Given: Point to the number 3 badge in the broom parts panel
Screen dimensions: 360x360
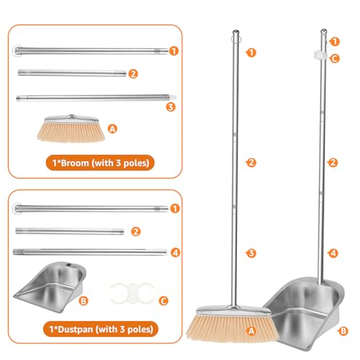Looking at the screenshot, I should [170, 107].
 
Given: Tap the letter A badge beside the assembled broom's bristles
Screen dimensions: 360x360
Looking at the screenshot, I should [251, 330].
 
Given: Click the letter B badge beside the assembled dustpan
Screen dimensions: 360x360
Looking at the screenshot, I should [344, 330].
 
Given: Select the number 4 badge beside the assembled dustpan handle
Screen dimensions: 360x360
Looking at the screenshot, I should [333, 253].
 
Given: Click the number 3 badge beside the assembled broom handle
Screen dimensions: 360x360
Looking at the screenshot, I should [251, 253].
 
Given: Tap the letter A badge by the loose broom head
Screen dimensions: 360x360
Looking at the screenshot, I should [112, 127].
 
